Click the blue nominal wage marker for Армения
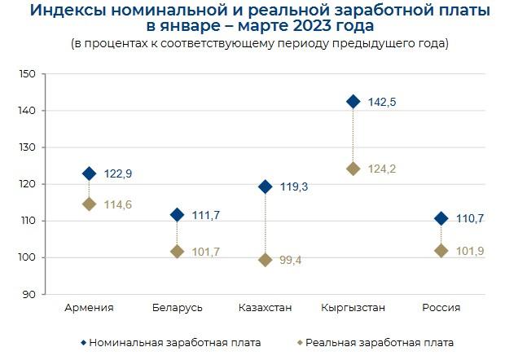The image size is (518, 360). tap(89, 173)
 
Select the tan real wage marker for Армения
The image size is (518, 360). tap(89, 204)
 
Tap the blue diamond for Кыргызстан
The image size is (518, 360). tap(353, 102)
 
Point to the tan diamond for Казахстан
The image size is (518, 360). tap(265, 260)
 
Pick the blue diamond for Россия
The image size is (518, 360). tap(441, 218)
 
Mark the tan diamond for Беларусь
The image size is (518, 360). tap(177, 252)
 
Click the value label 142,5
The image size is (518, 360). tap(383, 103)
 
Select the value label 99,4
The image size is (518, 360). tap(292, 261)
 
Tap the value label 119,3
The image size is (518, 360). tap(295, 187)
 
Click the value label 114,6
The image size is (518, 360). tap(119, 204)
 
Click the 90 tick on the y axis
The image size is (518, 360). tap(29, 294)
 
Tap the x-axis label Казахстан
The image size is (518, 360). tap(265, 308)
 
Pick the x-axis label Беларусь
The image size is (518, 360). tap(177, 308)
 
